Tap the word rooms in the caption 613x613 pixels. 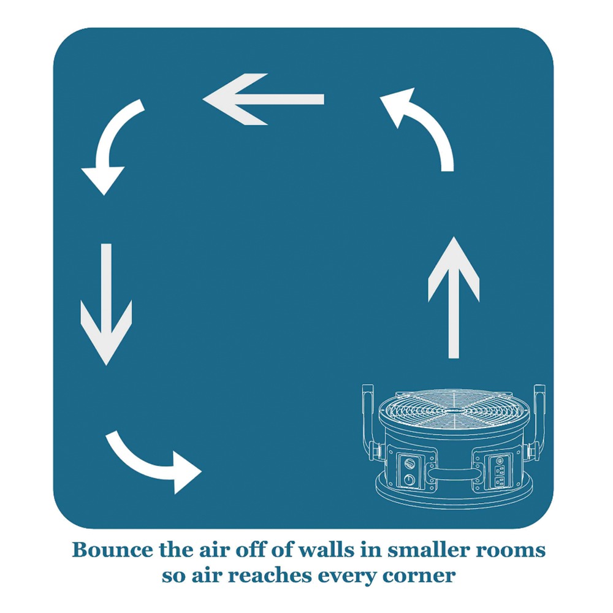coord(514,550)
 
